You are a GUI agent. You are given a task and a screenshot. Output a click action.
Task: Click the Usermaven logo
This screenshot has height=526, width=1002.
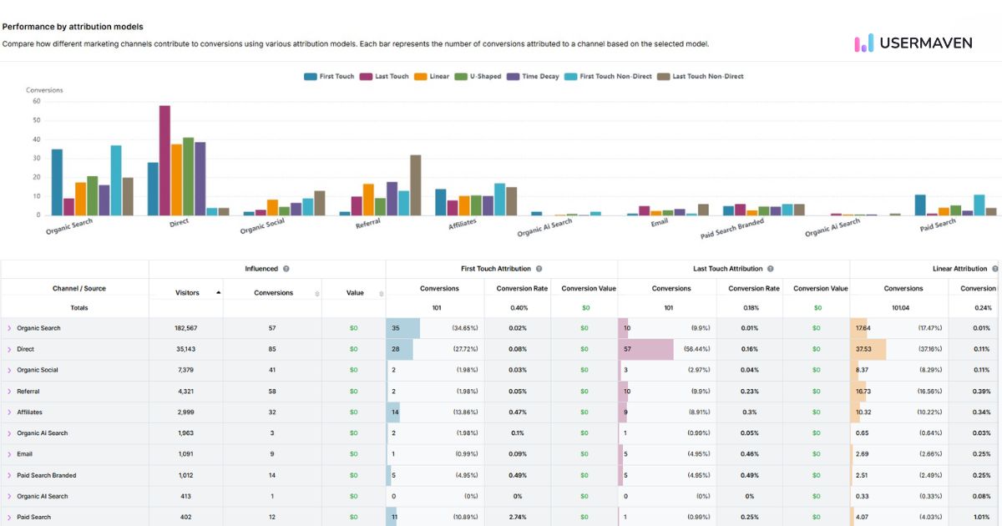tap(913, 43)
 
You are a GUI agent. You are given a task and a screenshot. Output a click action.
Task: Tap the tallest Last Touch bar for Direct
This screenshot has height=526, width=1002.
tap(164, 160)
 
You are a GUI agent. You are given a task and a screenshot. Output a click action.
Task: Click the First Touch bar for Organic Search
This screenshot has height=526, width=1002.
tap(57, 182)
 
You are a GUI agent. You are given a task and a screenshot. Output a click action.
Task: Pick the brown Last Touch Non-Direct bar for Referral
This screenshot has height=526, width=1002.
tap(416, 185)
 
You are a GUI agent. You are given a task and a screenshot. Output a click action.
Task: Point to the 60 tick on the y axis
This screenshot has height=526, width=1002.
tap(37, 101)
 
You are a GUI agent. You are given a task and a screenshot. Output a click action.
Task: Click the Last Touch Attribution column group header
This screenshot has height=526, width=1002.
tap(728, 269)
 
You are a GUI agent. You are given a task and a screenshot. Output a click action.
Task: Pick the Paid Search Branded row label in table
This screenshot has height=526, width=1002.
tap(46, 475)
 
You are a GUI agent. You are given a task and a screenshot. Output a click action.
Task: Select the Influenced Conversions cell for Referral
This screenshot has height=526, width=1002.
tap(272, 392)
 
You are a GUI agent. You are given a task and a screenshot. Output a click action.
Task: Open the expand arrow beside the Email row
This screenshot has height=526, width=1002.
tap(9, 454)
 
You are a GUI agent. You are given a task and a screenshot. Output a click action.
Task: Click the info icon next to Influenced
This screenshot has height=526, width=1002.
tap(286, 269)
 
